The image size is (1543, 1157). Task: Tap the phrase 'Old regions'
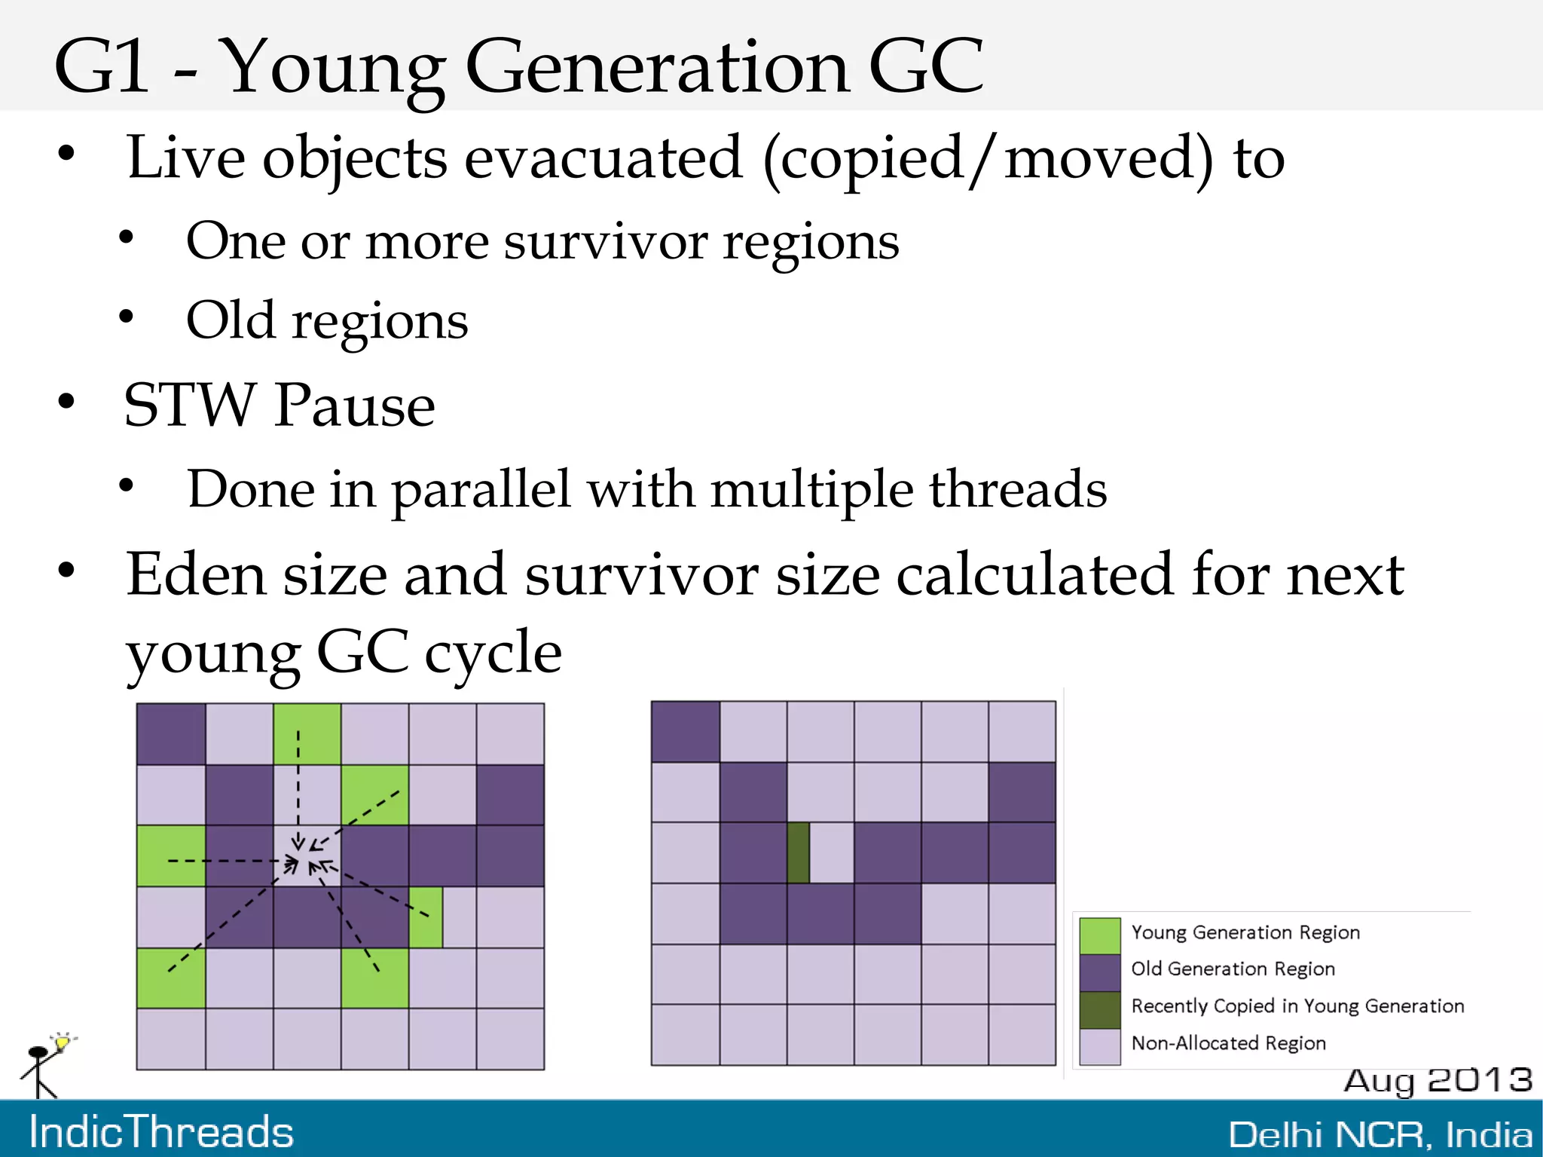click(x=327, y=321)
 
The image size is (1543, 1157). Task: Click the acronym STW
click(x=189, y=406)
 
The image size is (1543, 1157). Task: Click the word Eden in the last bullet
click(x=196, y=574)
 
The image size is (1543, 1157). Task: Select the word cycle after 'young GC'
click(x=493, y=652)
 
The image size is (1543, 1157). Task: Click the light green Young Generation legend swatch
click(x=1099, y=935)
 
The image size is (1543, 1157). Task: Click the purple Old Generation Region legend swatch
click(x=1099, y=972)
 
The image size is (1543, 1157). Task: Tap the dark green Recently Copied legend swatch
click(x=1099, y=1010)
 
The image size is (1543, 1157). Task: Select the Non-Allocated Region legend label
click(x=1228, y=1043)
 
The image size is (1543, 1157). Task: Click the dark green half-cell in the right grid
click(x=798, y=852)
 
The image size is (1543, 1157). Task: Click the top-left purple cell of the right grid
click(x=685, y=731)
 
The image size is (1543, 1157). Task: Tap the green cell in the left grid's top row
click(x=307, y=733)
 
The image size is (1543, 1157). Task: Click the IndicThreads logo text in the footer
click(x=161, y=1132)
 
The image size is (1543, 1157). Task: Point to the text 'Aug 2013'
click(x=1438, y=1080)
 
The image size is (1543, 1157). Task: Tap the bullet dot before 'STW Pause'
click(x=67, y=402)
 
